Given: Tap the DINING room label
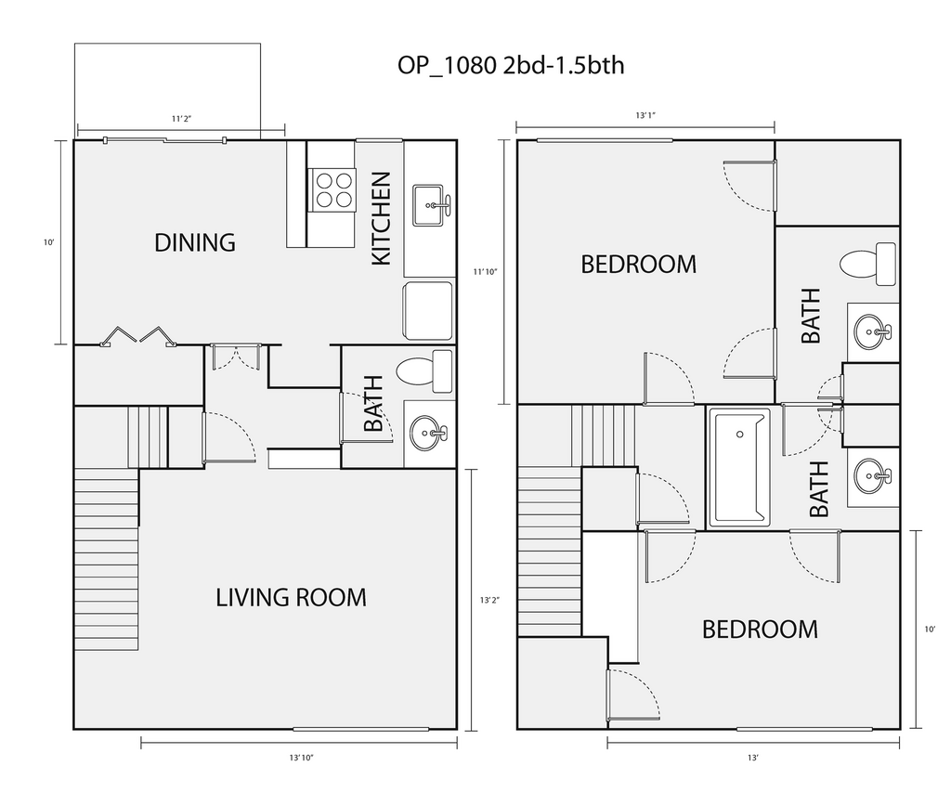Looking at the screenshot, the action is click(x=195, y=242).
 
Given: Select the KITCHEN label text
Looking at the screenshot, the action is click(x=381, y=218).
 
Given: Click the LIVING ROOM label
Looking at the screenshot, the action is click(x=291, y=598).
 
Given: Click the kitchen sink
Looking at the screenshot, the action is click(x=432, y=205).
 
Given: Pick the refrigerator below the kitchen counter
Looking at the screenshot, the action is click(x=428, y=310).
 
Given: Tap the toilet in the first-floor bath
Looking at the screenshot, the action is click(x=423, y=370).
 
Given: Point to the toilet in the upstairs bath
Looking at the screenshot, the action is click(x=868, y=264).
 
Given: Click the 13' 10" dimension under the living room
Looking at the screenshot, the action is click(x=302, y=758).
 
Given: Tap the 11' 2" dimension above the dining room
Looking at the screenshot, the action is click(x=181, y=119).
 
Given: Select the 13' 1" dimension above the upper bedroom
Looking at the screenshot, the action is click(x=645, y=115).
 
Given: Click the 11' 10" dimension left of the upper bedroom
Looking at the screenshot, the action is click(x=485, y=272).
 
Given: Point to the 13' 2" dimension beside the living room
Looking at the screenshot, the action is click(x=490, y=601).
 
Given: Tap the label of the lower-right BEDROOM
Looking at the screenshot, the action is click(x=760, y=630).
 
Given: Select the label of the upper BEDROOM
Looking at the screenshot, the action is click(x=639, y=265).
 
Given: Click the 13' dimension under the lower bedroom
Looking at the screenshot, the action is click(x=752, y=758).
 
